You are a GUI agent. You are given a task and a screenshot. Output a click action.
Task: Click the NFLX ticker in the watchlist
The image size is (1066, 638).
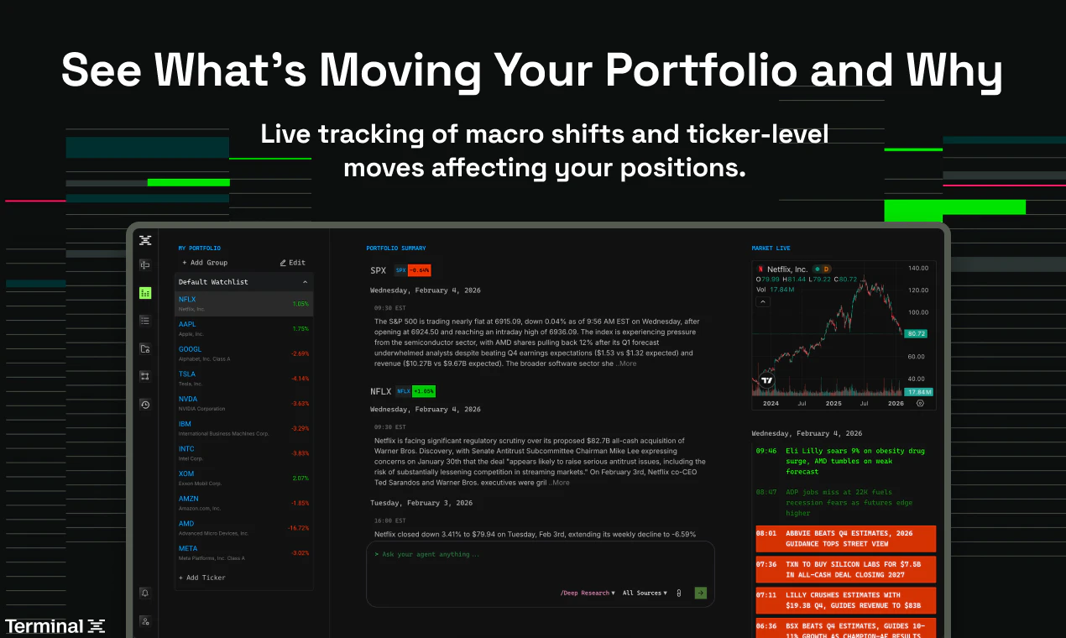click(x=187, y=300)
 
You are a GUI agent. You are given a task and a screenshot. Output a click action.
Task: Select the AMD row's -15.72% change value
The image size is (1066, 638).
click(x=298, y=528)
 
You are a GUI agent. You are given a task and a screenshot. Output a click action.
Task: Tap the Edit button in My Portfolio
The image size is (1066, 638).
click(x=293, y=263)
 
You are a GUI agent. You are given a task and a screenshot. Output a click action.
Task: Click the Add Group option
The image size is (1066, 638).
click(x=205, y=263)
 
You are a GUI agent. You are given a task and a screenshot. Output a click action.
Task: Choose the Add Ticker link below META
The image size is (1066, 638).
click(x=202, y=578)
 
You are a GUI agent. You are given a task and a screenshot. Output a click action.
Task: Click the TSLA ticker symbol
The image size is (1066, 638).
click(x=187, y=374)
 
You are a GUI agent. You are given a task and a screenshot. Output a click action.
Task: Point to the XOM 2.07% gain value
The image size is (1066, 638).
click(x=300, y=478)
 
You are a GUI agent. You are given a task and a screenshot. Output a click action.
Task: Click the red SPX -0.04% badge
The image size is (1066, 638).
click(x=419, y=270)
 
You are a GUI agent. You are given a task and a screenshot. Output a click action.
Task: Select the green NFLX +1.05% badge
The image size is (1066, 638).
click(x=423, y=391)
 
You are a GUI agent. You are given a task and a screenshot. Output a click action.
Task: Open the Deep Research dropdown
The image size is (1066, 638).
click(x=588, y=594)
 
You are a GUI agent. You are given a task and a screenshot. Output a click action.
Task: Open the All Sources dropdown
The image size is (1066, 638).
click(x=645, y=594)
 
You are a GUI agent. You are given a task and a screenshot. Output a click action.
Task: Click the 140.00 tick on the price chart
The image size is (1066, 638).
click(x=918, y=269)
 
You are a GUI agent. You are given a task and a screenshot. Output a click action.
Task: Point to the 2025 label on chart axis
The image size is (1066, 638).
click(x=833, y=404)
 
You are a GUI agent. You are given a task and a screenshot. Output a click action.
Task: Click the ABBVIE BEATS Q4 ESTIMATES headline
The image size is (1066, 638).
click(x=845, y=538)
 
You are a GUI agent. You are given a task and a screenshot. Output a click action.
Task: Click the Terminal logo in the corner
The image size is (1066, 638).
click(x=55, y=626)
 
